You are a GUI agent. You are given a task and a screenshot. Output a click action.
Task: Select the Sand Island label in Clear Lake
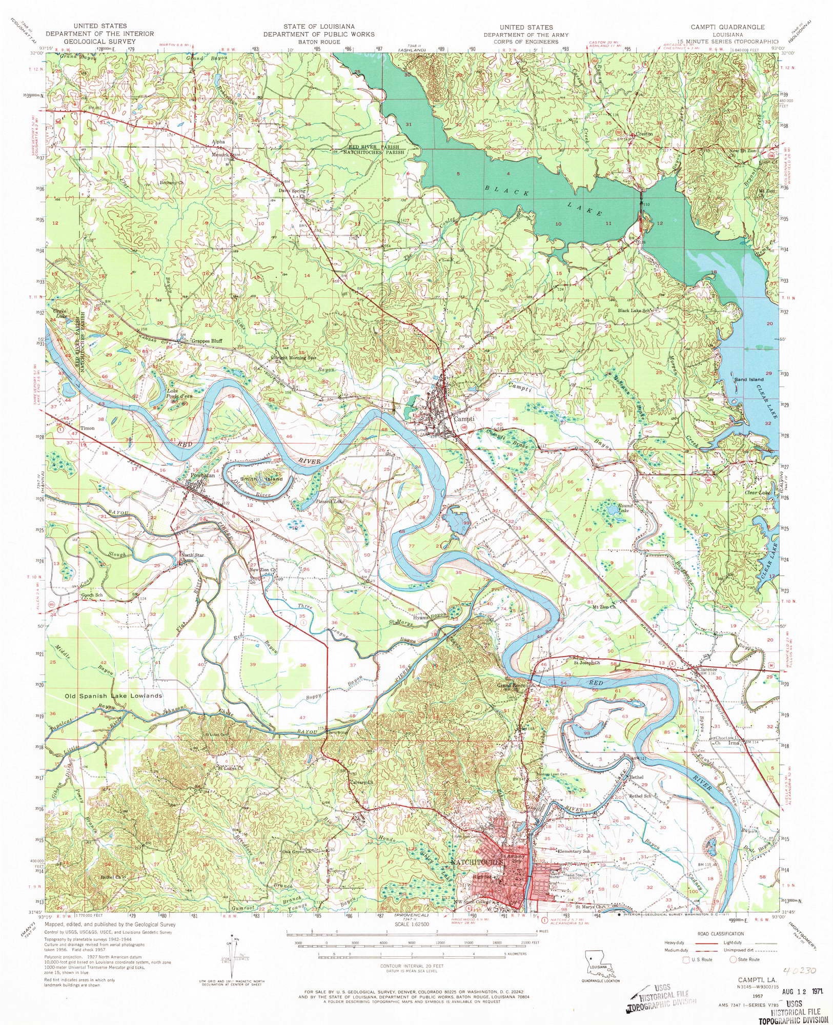click(x=749, y=379)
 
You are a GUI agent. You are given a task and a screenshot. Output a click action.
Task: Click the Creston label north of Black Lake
click(x=644, y=134)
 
